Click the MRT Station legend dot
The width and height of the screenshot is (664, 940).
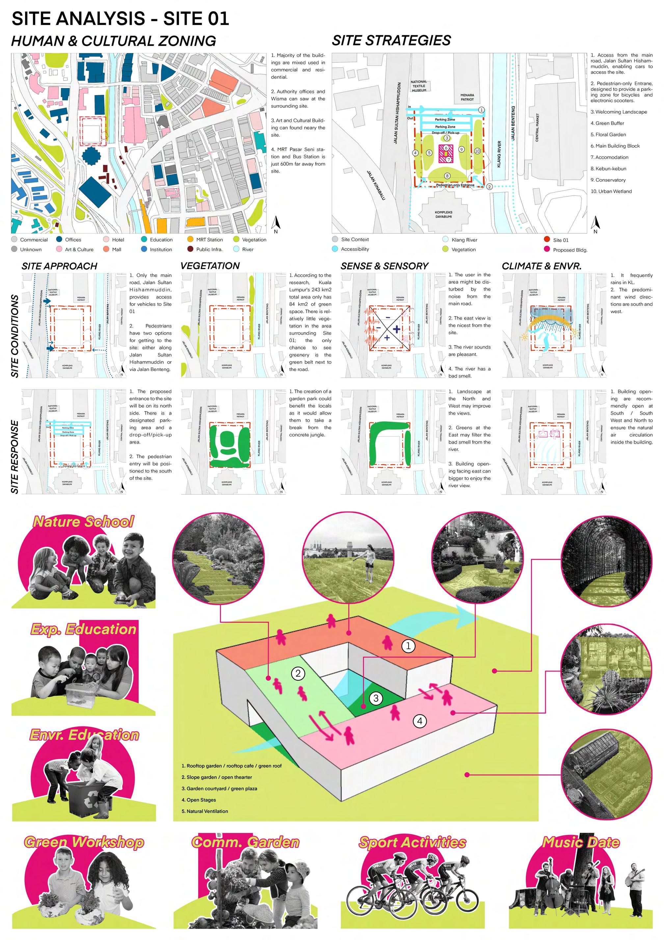click(190, 240)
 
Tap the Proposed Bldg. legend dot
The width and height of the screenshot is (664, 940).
click(546, 249)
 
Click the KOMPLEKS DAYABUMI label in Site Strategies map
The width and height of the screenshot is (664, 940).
click(443, 214)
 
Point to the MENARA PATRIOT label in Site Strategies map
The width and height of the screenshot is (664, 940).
click(467, 97)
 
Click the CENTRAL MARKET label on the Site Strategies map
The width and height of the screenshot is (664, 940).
click(538, 128)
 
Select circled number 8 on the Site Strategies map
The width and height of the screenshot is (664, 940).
click(447, 176)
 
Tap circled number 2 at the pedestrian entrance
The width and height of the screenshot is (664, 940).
click(489, 187)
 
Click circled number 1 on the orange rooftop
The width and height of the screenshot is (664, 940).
click(408, 646)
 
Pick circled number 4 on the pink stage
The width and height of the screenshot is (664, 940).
click(420, 721)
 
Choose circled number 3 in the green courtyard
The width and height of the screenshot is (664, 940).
click(376, 698)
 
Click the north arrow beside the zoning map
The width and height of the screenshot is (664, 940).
click(276, 223)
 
